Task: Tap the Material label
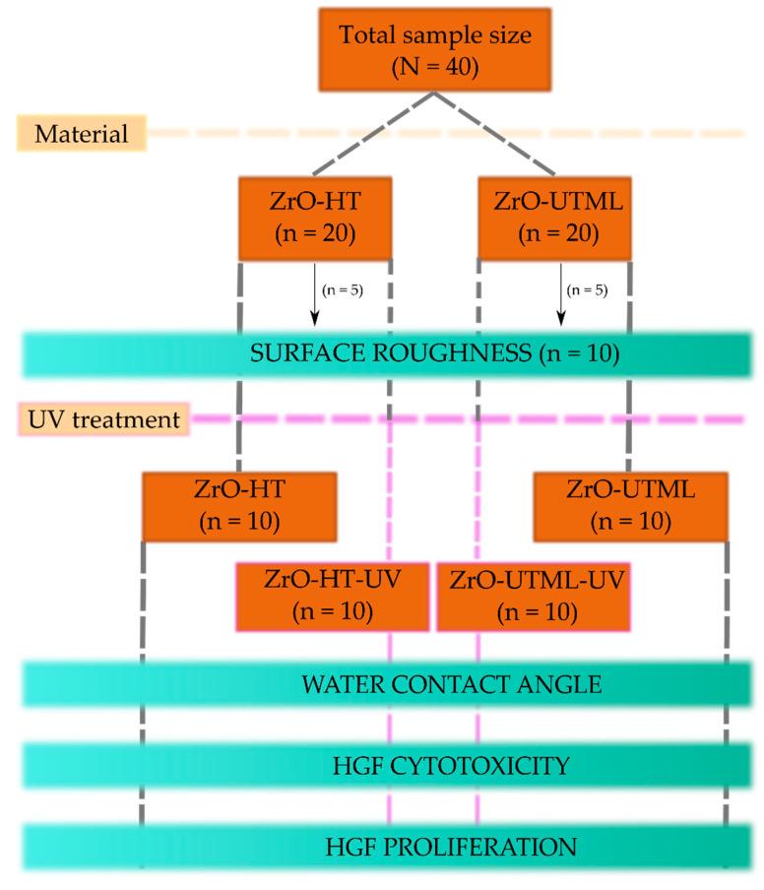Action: point(82,134)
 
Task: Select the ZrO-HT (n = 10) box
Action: point(239,506)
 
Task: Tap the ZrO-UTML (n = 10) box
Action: point(630,506)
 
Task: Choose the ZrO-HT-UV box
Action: point(332,596)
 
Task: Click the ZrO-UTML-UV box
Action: point(532,596)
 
